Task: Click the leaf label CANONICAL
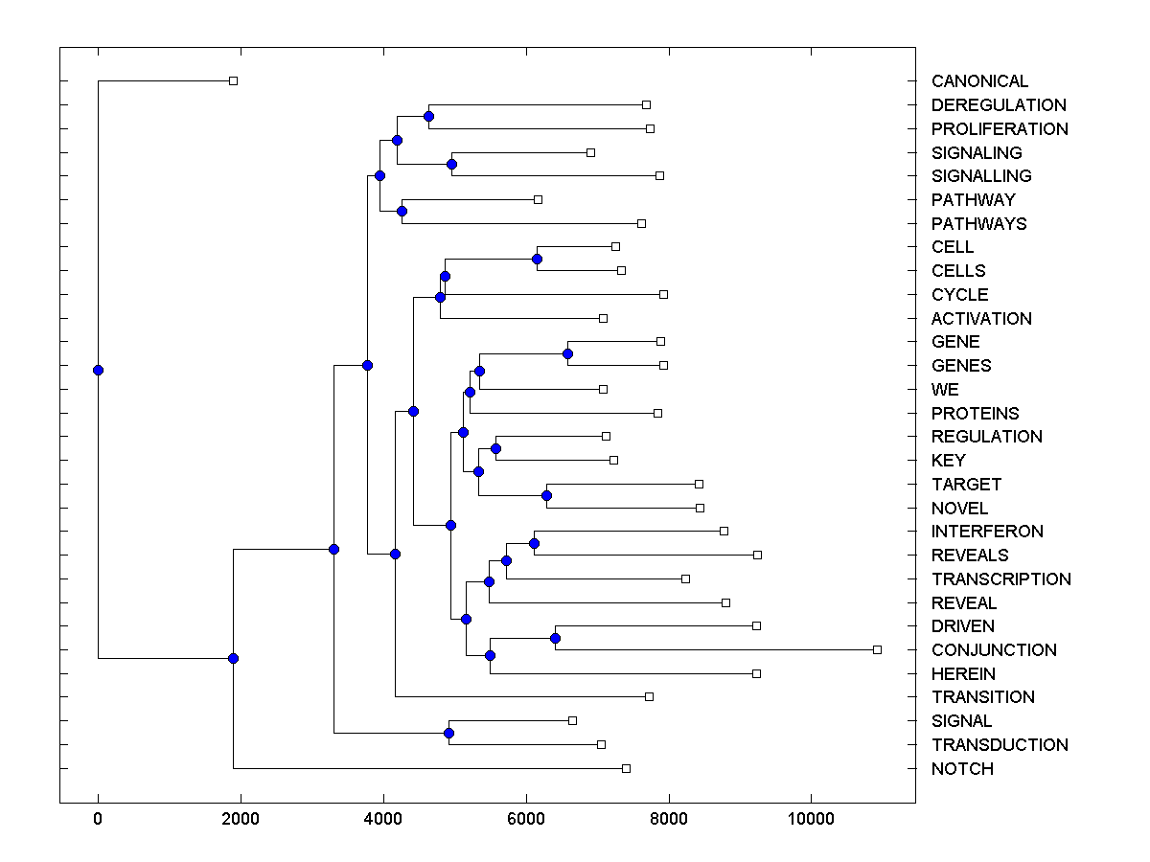click(x=979, y=81)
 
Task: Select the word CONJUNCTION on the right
click(x=994, y=650)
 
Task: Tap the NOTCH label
click(x=962, y=769)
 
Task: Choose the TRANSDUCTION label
click(x=1000, y=745)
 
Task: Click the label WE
click(x=945, y=390)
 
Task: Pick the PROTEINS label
click(x=975, y=414)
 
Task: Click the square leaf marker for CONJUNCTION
click(x=877, y=649)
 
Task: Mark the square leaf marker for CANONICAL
click(x=233, y=80)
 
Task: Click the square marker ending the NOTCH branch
click(x=626, y=768)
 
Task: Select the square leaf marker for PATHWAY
click(x=538, y=199)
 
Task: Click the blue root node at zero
click(x=98, y=370)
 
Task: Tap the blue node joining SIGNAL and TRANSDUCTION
click(x=448, y=733)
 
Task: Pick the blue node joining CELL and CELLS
click(x=537, y=259)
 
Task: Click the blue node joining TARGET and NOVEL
click(x=546, y=495)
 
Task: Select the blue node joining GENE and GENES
click(x=567, y=353)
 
